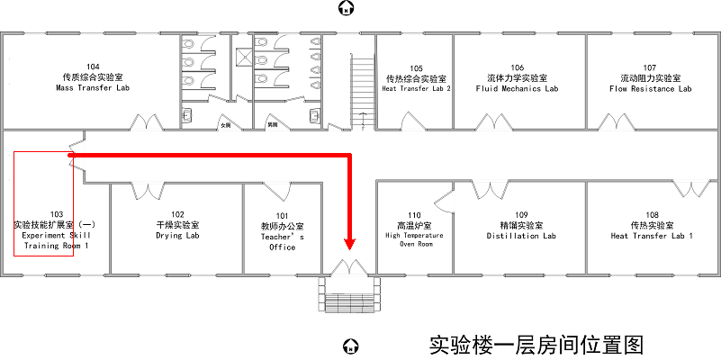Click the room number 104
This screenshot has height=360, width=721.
tap(93, 67)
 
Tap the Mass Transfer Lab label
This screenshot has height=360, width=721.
tap(93, 88)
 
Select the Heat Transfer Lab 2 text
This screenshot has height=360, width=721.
tap(416, 89)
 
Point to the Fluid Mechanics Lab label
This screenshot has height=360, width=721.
tap(517, 88)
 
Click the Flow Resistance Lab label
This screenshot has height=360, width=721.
tap(650, 88)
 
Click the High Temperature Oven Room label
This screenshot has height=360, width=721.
tap(415, 239)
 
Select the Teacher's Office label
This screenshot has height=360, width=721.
tap(282, 241)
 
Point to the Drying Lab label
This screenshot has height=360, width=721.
tap(177, 236)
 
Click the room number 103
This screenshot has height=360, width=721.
tap(56, 214)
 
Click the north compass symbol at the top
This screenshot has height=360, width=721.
tap(345, 9)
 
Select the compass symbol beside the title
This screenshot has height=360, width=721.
tap(352, 346)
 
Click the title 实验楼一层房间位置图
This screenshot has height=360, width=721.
tap(536, 345)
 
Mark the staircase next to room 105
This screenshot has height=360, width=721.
tap(360, 90)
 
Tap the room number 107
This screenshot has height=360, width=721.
tap(650, 67)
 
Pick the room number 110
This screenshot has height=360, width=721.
tap(414, 214)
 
